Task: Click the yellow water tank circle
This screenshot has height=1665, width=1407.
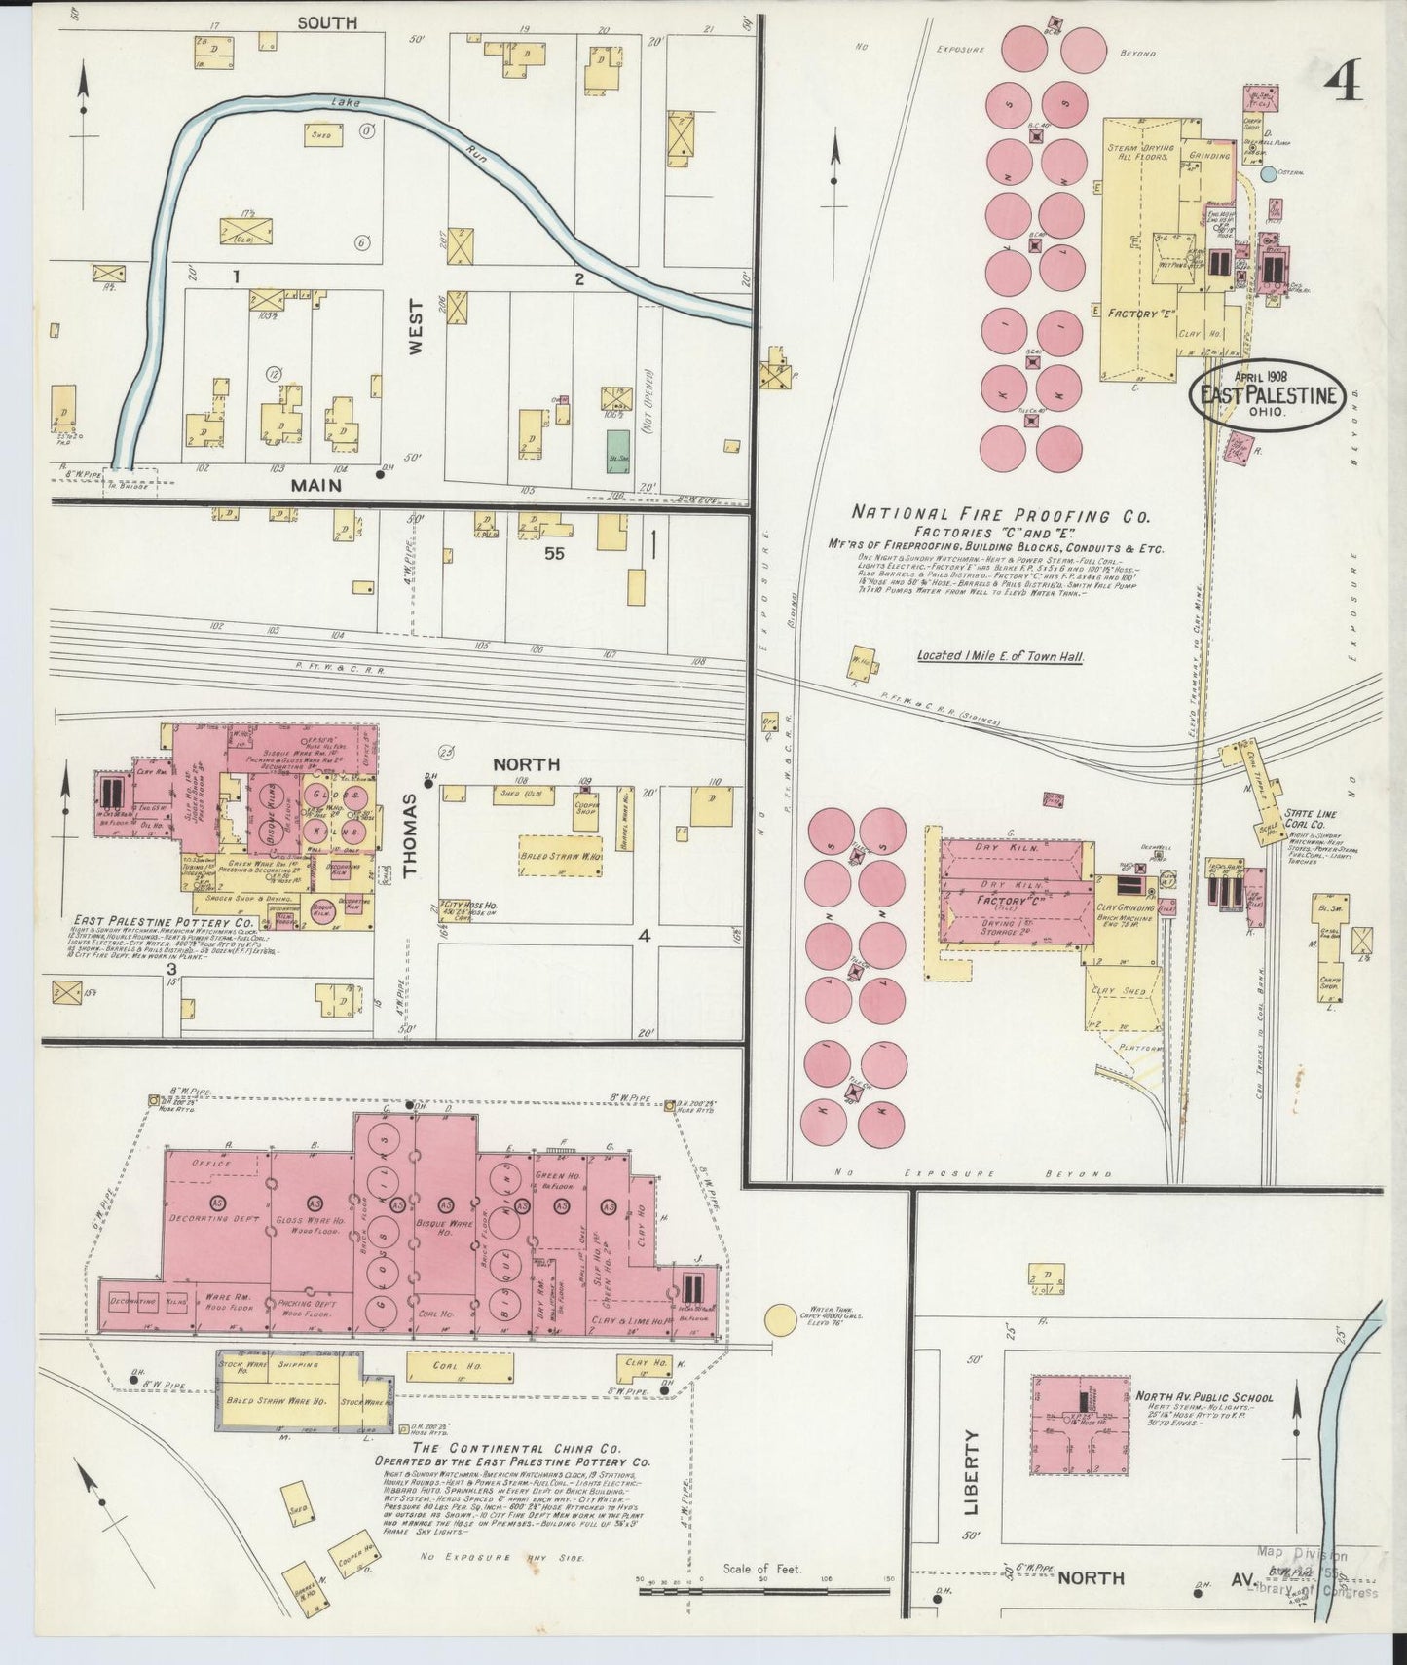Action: point(781,1320)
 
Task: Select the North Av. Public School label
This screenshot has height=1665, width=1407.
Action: point(1203,1396)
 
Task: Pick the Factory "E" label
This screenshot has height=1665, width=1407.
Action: point(1139,314)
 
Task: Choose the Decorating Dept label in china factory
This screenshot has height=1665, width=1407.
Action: point(206,1217)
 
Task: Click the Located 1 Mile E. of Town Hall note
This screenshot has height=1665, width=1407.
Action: point(999,656)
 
